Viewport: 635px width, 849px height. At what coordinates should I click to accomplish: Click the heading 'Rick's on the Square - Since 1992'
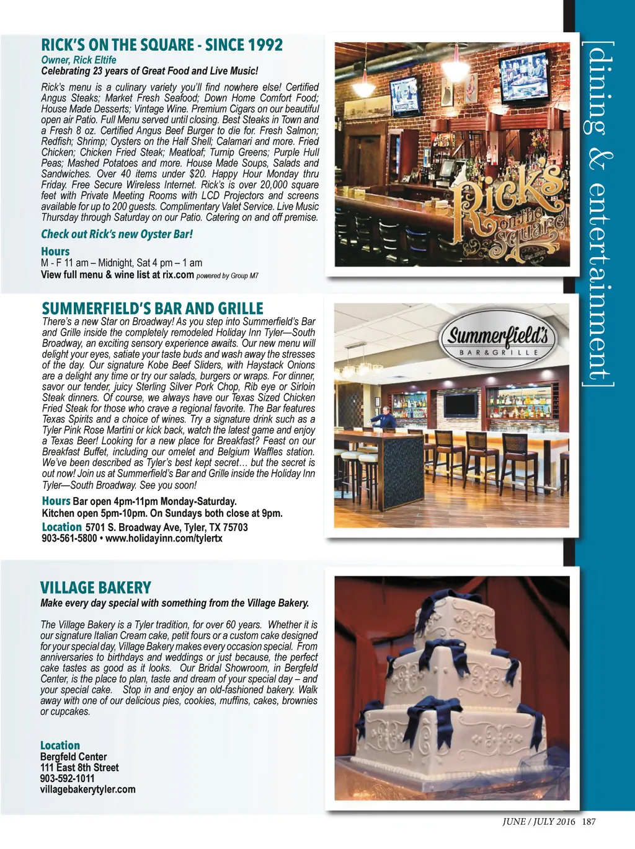pos(162,45)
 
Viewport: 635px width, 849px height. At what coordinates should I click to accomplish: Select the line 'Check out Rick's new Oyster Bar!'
pos(117,234)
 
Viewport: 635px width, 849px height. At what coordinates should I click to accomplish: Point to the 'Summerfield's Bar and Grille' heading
pos(153,309)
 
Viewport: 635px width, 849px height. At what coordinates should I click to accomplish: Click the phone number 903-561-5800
pos(69,539)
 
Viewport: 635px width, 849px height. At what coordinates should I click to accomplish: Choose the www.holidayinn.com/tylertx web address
pos(164,539)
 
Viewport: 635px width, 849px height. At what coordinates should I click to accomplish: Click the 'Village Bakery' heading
pos(95,587)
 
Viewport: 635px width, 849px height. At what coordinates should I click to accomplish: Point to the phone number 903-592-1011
pos(68,778)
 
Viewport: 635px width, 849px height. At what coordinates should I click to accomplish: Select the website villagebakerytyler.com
pos(87,790)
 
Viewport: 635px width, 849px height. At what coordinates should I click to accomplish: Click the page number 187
pos(589,822)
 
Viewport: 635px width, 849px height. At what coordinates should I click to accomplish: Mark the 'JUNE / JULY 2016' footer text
pos(538,822)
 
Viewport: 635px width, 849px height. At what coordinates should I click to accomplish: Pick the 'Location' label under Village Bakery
pos(60,746)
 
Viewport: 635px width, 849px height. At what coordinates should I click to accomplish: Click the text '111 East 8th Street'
pos(79,767)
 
